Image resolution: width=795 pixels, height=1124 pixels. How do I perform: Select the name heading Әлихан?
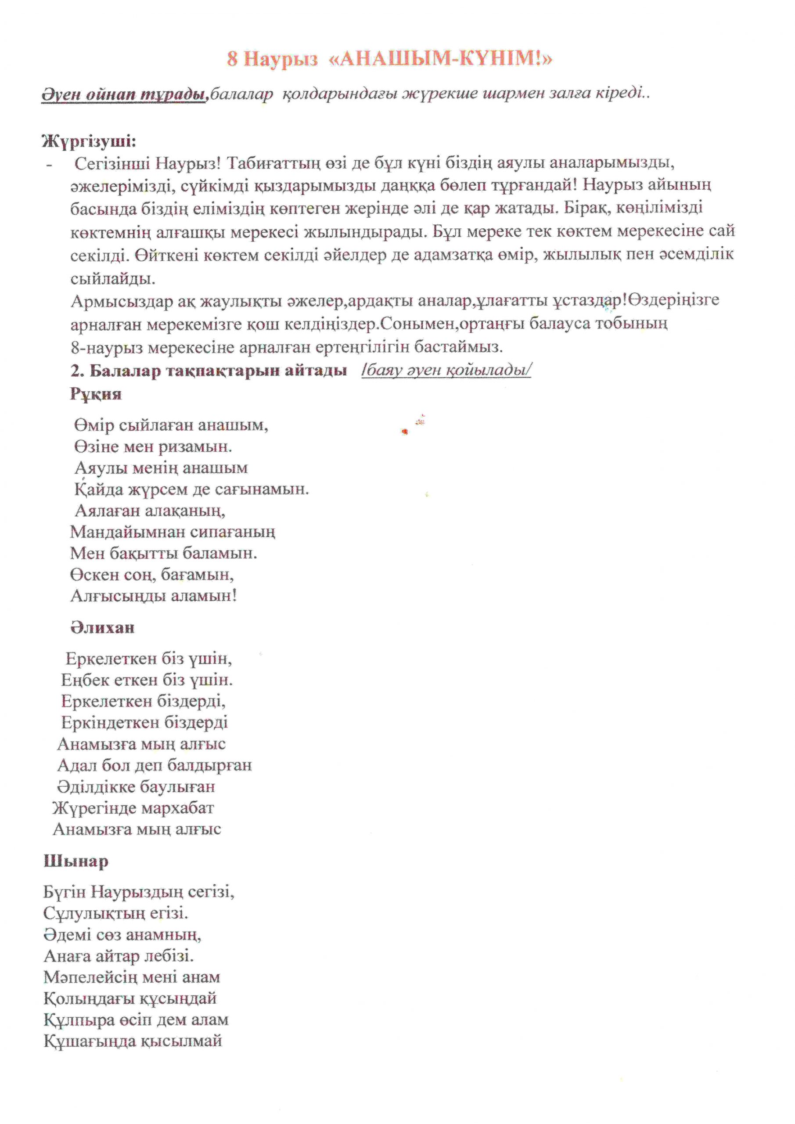pyautogui.click(x=102, y=628)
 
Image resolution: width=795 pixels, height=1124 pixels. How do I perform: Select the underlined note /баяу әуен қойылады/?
pyautogui.click(x=446, y=370)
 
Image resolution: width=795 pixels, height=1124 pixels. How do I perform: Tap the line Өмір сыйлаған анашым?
pyautogui.click(x=171, y=425)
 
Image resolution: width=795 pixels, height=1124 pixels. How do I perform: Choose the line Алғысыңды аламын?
pyautogui.click(x=153, y=596)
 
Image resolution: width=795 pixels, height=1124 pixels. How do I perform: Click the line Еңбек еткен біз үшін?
pyautogui.click(x=147, y=680)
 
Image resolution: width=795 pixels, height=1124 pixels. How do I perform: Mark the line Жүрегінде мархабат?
pyautogui.click(x=133, y=808)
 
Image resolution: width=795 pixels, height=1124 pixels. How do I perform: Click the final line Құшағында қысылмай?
pyautogui.click(x=133, y=1041)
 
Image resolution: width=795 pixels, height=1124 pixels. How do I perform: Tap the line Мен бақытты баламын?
pyautogui.click(x=163, y=553)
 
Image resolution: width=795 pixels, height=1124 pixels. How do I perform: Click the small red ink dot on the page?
pyautogui.click(x=404, y=431)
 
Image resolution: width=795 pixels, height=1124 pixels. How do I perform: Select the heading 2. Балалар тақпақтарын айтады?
pyautogui.click(x=209, y=371)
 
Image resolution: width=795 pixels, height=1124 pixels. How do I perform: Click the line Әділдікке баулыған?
pyautogui.click(x=136, y=787)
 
